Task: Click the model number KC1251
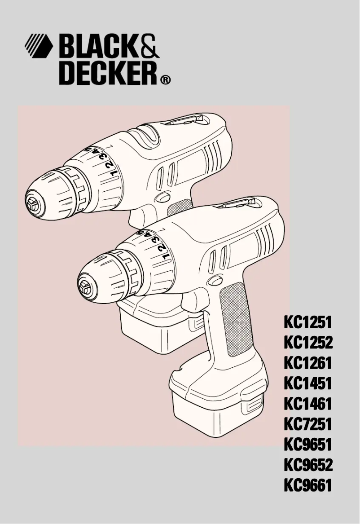[x=307, y=322]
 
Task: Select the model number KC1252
[x=308, y=343]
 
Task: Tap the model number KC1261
[x=307, y=363]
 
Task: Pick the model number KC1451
[x=307, y=384]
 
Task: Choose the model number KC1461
[x=307, y=404]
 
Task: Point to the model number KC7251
[x=307, y=424]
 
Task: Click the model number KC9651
[x=307, y=445]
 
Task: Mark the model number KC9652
[x=308, y=465]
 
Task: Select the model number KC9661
[x=307, y=485]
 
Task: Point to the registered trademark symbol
[x=165, y=81]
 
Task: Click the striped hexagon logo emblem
[x=38, y=45]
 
